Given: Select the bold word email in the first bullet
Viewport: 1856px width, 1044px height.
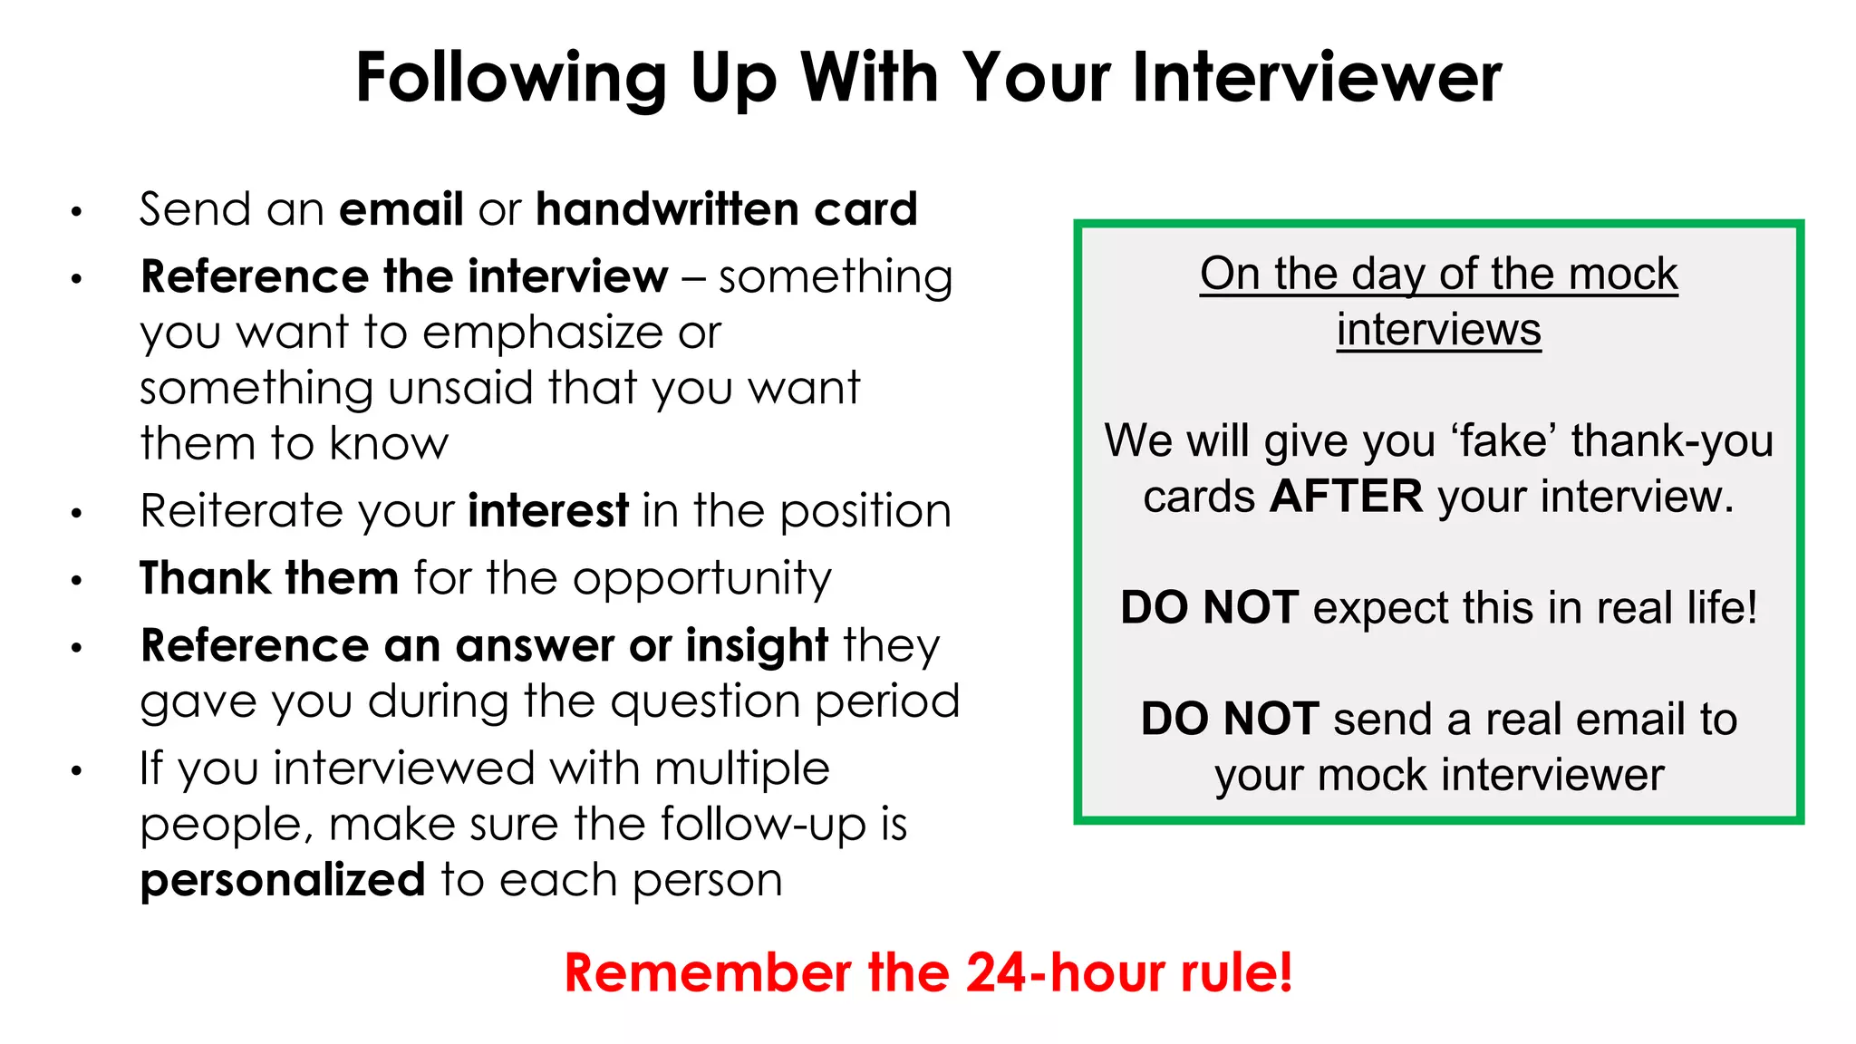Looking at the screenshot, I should [401, 209].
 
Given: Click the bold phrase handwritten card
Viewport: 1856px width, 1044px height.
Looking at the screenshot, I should [727, 209].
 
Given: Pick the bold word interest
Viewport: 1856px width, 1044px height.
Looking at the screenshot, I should [548, 511].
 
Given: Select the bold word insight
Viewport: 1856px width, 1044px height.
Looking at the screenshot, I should [757, 646].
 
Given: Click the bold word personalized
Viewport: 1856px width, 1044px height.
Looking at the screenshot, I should [283, 881].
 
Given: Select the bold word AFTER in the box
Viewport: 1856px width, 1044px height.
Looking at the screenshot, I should [1346, 497].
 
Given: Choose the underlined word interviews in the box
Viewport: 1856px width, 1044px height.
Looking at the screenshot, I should [1438, 330].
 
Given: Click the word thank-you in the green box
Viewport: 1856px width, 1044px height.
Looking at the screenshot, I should [1672, 441].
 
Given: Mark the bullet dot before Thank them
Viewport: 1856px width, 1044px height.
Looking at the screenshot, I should [77, 580].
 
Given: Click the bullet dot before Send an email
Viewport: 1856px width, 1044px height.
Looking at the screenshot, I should [77, 213].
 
